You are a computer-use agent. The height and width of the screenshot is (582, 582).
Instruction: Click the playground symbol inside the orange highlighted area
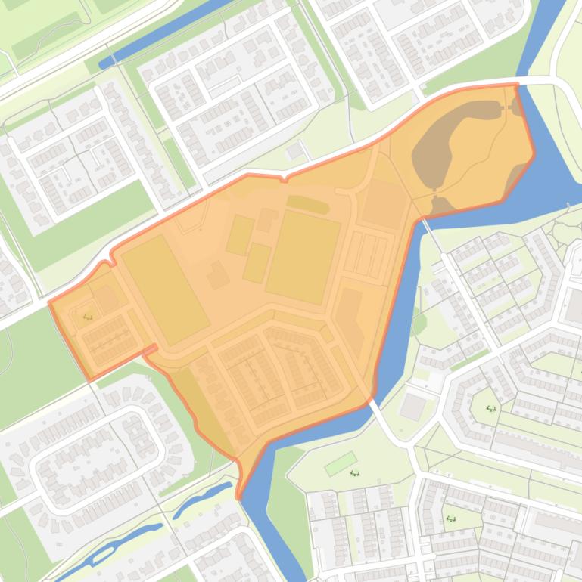(88, 317)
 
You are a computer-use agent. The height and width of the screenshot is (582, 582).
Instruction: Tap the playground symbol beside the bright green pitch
(355, 474)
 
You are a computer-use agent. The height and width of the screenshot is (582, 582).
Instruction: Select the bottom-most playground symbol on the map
(452, 519)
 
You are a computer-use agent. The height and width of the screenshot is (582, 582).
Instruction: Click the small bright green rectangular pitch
(340, 463)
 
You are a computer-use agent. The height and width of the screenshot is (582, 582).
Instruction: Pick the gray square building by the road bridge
(412, 407)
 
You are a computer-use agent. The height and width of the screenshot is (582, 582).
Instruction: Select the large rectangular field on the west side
(165, 288)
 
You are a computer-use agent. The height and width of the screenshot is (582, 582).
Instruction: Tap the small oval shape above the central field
(308, 203)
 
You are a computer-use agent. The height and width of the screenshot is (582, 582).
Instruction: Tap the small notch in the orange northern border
(284, 179)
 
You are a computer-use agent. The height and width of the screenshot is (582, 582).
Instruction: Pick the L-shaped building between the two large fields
(218, 275)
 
